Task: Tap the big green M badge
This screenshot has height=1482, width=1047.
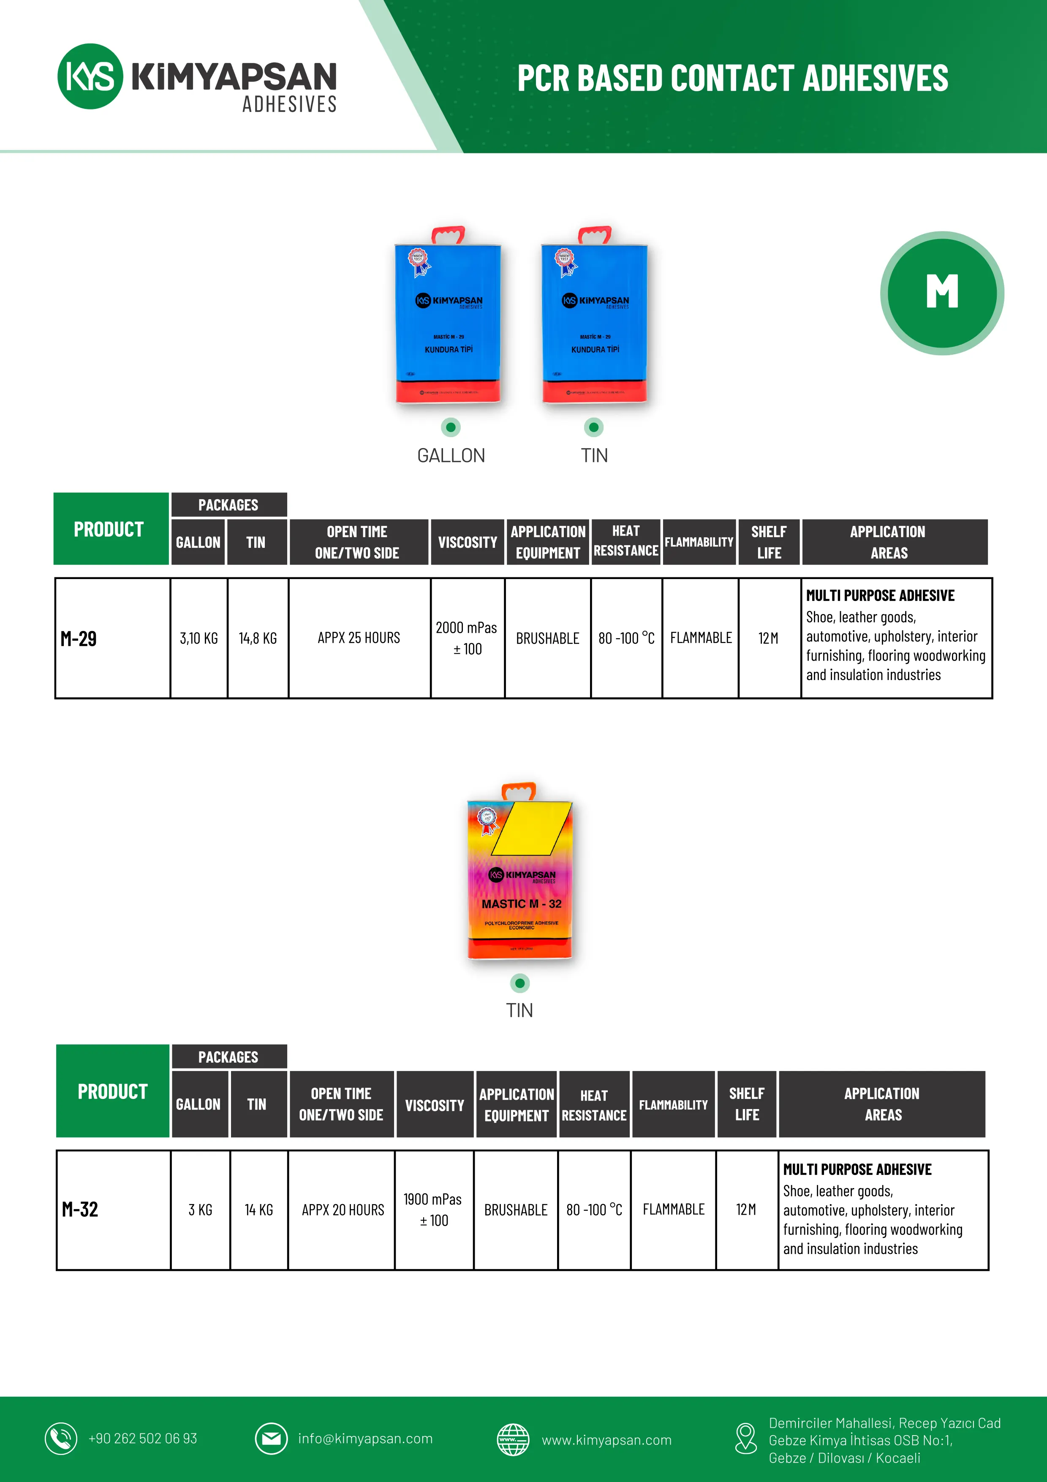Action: pos(942,293)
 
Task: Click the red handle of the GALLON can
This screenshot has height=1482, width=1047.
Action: pos(449,234)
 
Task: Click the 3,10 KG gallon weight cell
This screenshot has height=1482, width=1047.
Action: pos(199,638)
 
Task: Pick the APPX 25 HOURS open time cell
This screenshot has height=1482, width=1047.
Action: pos(359,638)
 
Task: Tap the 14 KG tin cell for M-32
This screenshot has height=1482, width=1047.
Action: pos(259,1210)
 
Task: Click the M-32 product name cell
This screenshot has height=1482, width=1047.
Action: pos(80,1209)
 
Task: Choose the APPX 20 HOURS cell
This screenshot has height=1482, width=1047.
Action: pos(343,1210)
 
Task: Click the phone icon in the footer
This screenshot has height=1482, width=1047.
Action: pos(61,1439)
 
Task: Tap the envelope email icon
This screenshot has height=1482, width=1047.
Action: pos(271,1439)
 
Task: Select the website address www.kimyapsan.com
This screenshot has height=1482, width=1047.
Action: pos(606,1440)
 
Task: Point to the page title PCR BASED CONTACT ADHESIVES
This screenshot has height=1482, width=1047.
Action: pos(733,78)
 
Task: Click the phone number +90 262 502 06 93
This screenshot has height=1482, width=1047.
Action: pos(143,1439)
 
